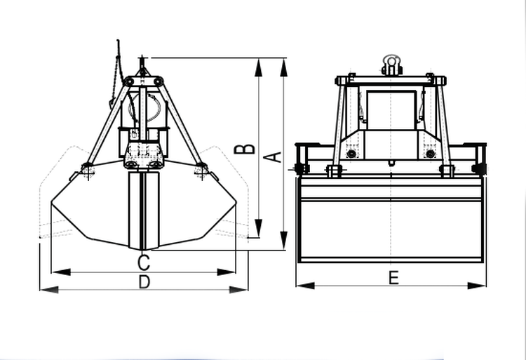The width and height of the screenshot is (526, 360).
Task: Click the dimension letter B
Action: (x=244, y=149)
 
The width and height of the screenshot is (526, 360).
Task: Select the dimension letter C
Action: (x=144, y=262)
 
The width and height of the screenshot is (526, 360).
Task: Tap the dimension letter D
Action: (x=144, y=281)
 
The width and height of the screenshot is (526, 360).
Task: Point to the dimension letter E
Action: (x=393, y=278)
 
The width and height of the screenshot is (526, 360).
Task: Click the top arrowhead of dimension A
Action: (x=284, y=67)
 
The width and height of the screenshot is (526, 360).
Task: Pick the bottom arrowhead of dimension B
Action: (x=258, y=228)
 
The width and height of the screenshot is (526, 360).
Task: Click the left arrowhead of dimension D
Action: (x=49, y=289)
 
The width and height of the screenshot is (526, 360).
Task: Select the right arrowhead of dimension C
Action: (x=227, y=272)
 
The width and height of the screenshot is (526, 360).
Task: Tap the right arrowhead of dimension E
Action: (x=477, y=286)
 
